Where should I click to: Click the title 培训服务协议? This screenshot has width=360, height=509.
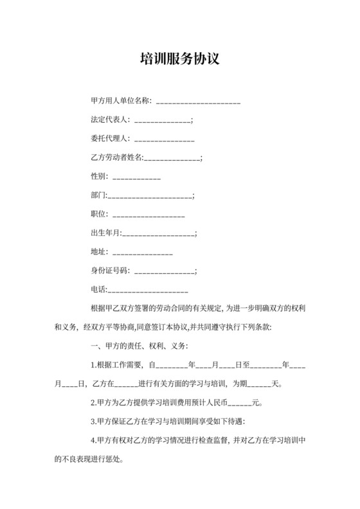(180, 60)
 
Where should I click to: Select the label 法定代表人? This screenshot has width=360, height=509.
(110, 120)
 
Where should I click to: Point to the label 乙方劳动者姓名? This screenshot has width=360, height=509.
(118, 157)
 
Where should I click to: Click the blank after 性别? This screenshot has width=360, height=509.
(136, 176)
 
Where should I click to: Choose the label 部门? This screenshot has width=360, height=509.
(98, 195)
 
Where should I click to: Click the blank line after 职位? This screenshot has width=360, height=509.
(148, 213)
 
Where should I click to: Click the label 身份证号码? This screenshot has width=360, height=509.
(110, 270)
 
